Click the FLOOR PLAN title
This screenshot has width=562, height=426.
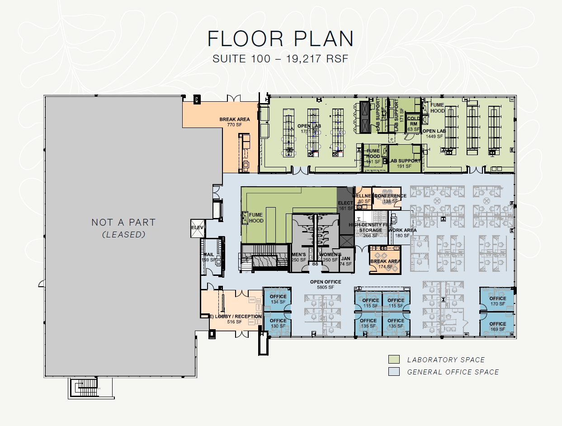point(280,39)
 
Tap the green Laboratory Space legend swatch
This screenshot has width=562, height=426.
point(394,360)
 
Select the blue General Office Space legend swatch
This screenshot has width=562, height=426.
point(394,372)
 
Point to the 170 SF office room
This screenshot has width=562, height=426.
point(497,299)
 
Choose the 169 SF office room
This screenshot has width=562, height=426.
point(497,325)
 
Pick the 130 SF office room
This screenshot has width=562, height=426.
point(278,323)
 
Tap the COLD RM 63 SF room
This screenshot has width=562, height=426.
point(413,123)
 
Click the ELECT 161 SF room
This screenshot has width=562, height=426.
point(345,206)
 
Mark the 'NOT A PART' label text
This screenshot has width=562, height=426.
point(123,222)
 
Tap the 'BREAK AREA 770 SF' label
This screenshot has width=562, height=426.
point(235,122)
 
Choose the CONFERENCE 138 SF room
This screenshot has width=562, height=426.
point(387,198)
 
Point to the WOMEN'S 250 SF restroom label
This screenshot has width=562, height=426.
point(330,257)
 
